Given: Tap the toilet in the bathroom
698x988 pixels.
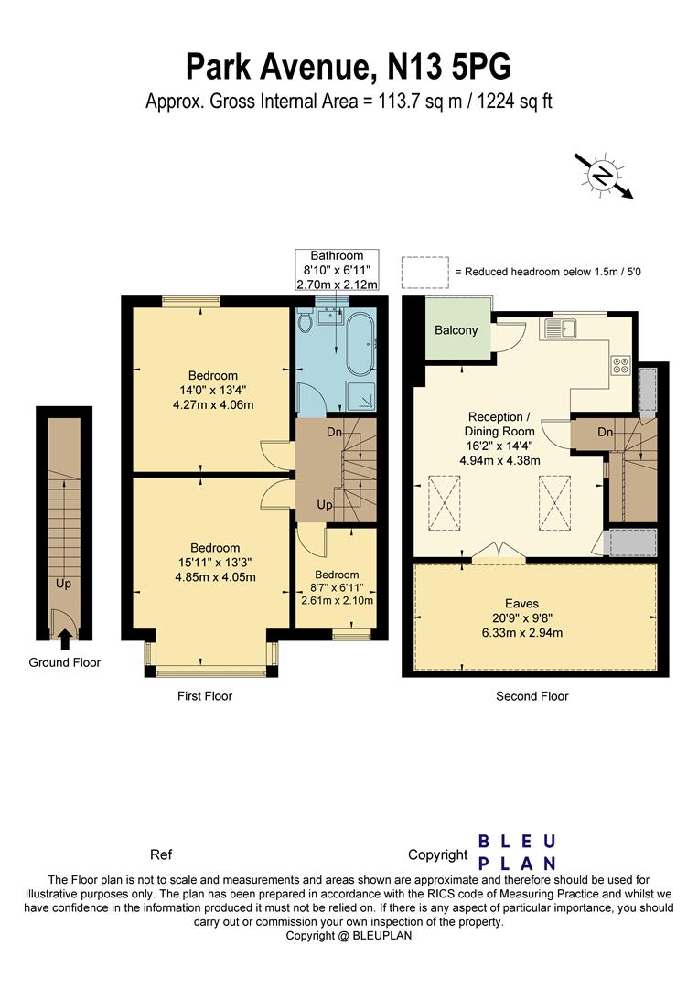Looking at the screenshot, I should pyautogui.click(x=305, y=319).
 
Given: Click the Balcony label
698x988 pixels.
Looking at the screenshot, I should pyautogui.click(x=456, y=330).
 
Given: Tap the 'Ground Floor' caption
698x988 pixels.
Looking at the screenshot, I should pyautogui.click(x=65, y=662).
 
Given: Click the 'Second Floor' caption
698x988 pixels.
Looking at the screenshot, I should pyautogui.click(x=532, y=696).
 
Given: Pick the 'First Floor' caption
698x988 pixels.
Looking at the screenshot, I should pyautogui.click(x=205, y=696).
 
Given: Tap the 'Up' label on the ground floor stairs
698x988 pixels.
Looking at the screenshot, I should pyautogui.click(x=63, y=582).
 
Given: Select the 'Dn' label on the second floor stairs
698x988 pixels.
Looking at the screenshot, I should pyautogui.click(x=605, y=431).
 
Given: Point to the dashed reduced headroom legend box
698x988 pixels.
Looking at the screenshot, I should pyautogui.click(x=423, y=272).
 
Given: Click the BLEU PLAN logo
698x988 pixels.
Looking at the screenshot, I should pyautogui.click(x=518, y=852).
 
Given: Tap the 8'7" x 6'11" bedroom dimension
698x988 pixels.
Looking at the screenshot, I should pyautogui.click(x=337, y=587).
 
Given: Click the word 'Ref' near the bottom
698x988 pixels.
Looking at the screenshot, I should pyautogui.click(x=161, y=855).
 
